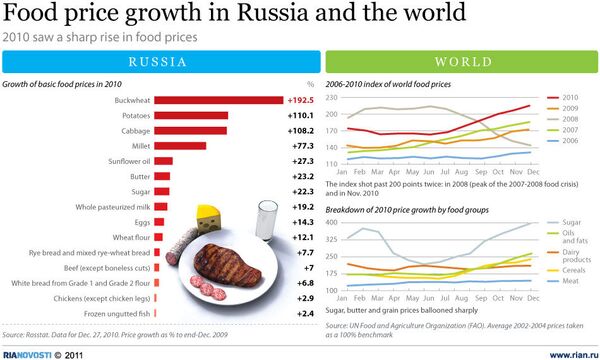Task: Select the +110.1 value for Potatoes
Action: tap(300, 116)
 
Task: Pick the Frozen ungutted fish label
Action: tap(113, 313)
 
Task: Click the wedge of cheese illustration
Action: tap(209, 217)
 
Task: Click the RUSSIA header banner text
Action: tap(158, 62)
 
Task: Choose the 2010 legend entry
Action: tap(568, 96)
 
